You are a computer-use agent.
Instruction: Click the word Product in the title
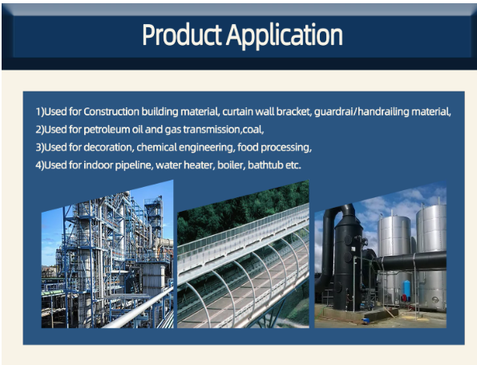[182, 34]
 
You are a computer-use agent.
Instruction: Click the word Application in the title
[285, 36]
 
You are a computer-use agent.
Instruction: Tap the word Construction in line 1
[111, 112]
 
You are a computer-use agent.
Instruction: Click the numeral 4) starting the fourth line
[39, 165]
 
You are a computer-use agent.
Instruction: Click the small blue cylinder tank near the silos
[406, 290]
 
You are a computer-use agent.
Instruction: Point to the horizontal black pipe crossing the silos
[412, 262]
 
